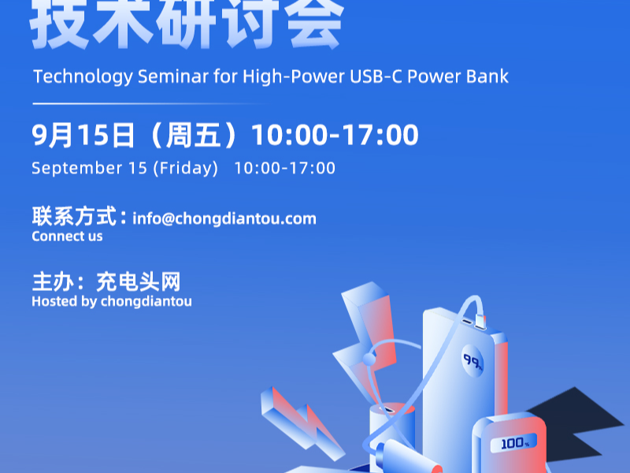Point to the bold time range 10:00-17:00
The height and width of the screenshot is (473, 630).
(335, 136)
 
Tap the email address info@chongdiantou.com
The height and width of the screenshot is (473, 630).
(224, 218)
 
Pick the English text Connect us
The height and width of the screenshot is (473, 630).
(67, 236)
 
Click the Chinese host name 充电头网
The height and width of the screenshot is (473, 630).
(139, 281)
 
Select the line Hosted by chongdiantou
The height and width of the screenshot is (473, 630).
(111, 301)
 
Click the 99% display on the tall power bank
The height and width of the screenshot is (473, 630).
(472, 361)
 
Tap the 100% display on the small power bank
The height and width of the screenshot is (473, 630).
(515, 444)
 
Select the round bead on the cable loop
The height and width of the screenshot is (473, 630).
(369, 359)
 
